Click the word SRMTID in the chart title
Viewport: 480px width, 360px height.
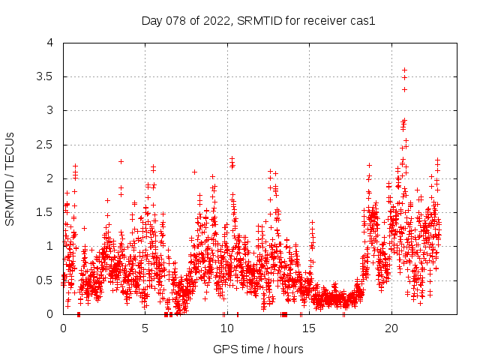(x=259, y=20)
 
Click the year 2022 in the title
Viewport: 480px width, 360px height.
(x=217, y=20)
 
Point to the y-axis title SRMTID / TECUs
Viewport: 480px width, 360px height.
(x=10, y=178)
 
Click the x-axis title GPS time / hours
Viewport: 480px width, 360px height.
(x=258, y=349)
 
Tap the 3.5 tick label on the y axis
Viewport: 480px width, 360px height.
(x=46, y=76)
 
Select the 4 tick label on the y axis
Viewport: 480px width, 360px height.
(x=50, y=43)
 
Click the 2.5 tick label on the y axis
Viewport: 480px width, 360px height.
(x=46, y=145)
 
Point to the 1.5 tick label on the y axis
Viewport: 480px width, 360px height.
(x=46, y=212)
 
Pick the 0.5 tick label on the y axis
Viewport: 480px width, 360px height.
(x=46, y=280)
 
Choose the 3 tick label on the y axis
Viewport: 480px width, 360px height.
(x=50, y=110)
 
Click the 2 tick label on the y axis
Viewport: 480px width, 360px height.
(x=50, y=178)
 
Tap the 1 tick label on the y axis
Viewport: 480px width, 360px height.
(x=50, y=246)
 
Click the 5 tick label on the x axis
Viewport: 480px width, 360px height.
(x=145, y=328)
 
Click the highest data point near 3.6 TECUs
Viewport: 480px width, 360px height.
(x=404, y=70)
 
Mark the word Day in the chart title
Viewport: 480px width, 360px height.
(x=152, y=20)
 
